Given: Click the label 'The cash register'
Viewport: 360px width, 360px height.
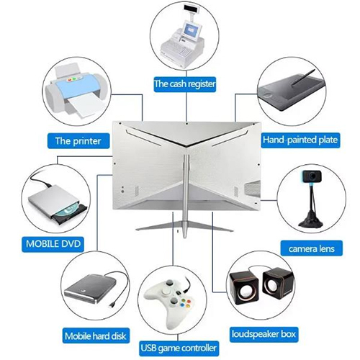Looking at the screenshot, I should [x=185, y=84].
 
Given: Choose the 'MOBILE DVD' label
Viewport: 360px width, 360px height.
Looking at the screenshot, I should [x=53, y=244].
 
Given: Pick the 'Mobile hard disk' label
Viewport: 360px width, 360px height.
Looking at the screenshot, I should [x=94, y=335].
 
